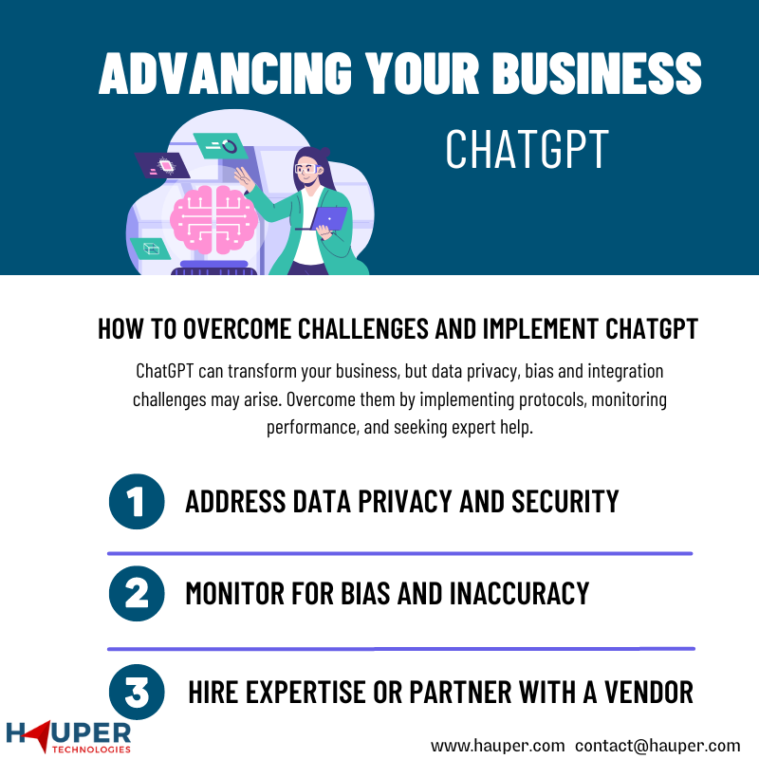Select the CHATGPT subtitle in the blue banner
[x=527, y=149]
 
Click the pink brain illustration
[x=213, y=219]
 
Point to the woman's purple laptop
[x=326, y=219]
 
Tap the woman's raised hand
[x=245, y=179]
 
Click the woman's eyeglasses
[x=306, y=170]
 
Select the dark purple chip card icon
[x=161, y=165]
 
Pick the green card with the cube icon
[x=151, y=249]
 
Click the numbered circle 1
[x=137, y=501]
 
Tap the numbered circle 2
[x=137, y=594]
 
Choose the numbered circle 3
[x=137, y=692]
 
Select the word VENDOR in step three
[x=649, y=693]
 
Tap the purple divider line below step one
[x=399, y=553]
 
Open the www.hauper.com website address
[x=497, y=746]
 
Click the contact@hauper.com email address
[x=657, y=746]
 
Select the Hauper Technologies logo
[x=68, y=737]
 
